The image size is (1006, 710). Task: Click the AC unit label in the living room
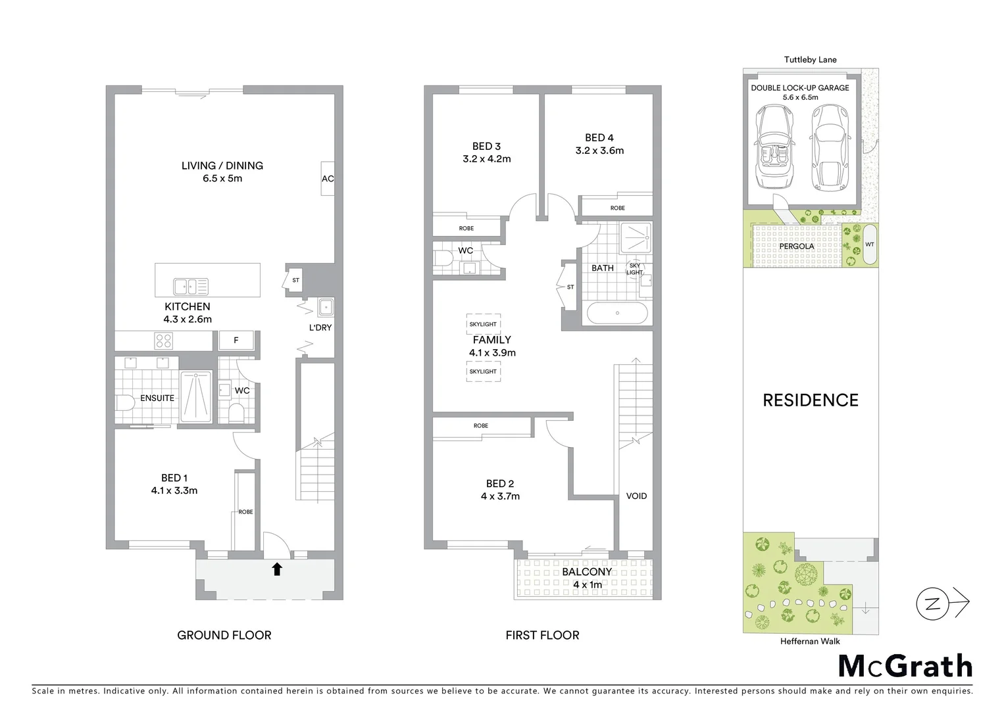[x=328, y=178]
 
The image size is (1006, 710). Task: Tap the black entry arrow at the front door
[x=277, y=569]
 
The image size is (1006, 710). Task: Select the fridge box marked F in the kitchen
[x=236, y=340]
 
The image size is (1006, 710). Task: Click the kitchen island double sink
[x=191, y=287]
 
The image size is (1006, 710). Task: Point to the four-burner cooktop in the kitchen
[x=164, y=341]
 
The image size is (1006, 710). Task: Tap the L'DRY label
[x=320, y=327]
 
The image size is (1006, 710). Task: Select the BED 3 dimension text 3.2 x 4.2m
[x=486, y=158]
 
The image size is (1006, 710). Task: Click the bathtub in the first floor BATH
[x=617, y=313]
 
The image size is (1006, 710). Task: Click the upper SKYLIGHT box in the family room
[x=484, y=324]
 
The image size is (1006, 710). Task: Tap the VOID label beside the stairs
[x=636, y=496]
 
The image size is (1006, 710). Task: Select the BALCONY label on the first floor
[x=587, y=572]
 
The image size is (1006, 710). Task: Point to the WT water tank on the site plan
[x=870, y=244]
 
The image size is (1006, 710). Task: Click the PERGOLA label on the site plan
[x=797, y=247]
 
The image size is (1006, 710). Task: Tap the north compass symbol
[x=933, y=603]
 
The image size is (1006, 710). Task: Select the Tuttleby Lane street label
[x=810, y=59]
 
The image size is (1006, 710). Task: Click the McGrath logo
[x=905, y=666]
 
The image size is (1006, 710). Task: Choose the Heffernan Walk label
[x=810, y=642]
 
